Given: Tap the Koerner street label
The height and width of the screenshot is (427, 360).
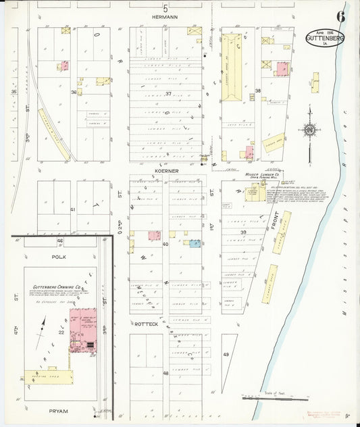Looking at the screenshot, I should click(165, 172).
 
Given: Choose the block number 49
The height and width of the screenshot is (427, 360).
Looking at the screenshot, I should click(226, 355).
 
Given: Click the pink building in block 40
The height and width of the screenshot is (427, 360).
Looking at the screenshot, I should click(154, 236).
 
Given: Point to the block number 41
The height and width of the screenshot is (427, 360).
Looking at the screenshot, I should click(72, 210).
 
